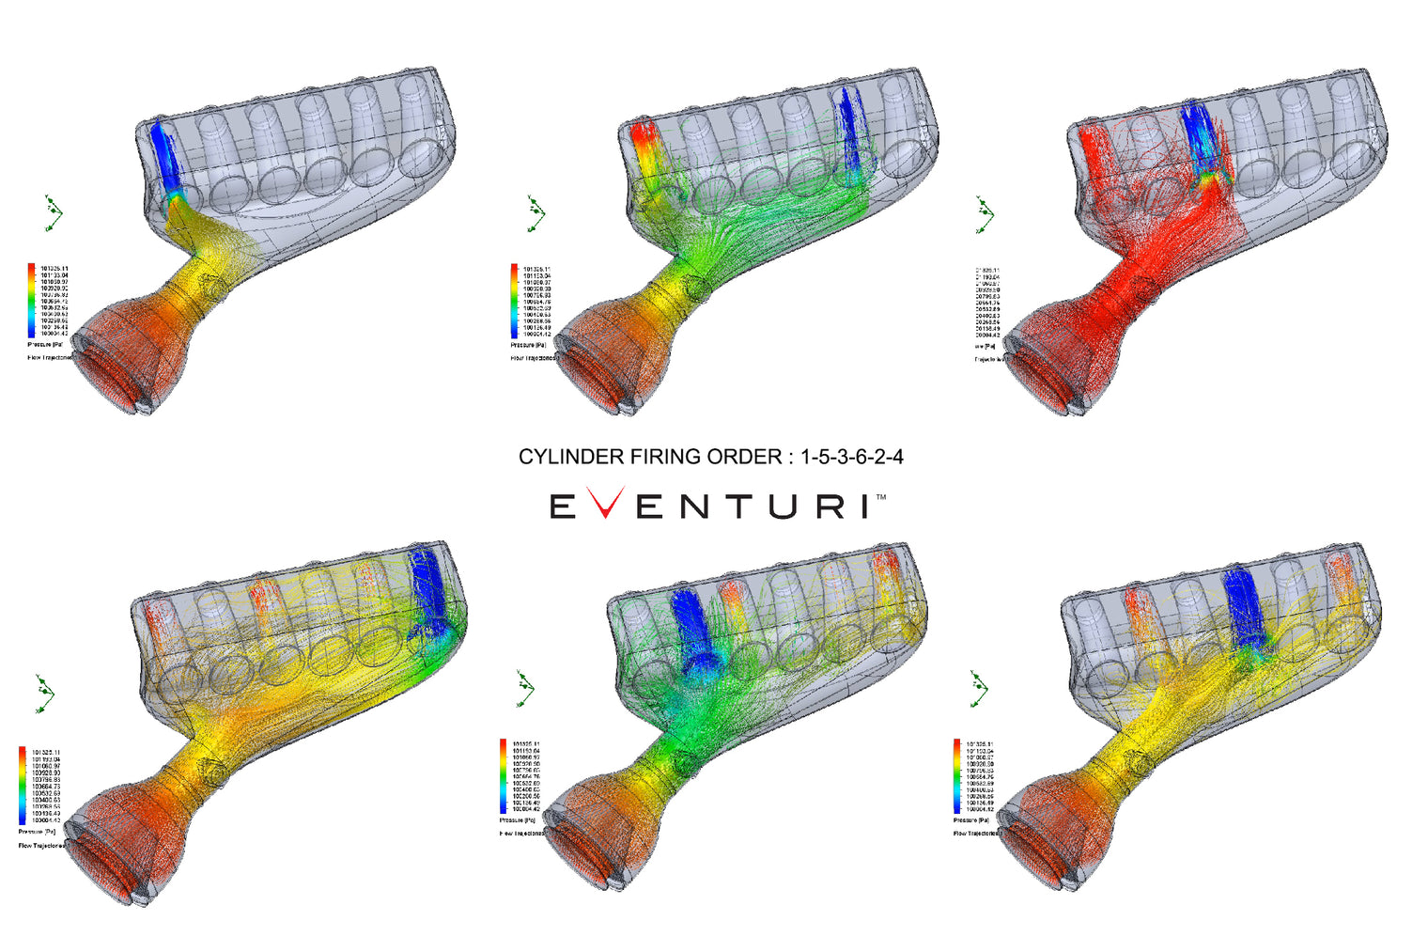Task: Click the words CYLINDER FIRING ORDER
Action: (x=649, y=457)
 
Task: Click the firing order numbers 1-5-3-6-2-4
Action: (x=851, y=457)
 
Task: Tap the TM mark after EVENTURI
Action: (x=880, y=496)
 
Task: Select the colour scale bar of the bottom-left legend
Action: (x=23, y=786)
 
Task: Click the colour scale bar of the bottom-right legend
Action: (x=957, y=776)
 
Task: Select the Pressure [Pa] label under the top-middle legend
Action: (x=528, y=345)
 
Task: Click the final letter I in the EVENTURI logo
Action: (x=863, y=507)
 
